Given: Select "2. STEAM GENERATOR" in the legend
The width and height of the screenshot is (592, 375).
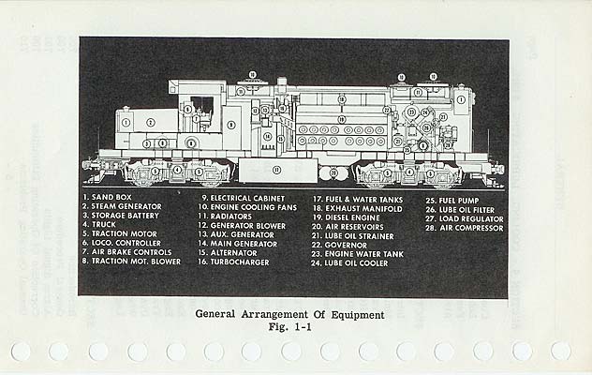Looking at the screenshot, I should [x=123, y=207].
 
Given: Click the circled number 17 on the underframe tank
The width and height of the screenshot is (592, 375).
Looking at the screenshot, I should [x=276, y=170].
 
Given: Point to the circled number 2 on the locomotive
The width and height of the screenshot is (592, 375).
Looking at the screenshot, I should [x=150, y=122].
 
